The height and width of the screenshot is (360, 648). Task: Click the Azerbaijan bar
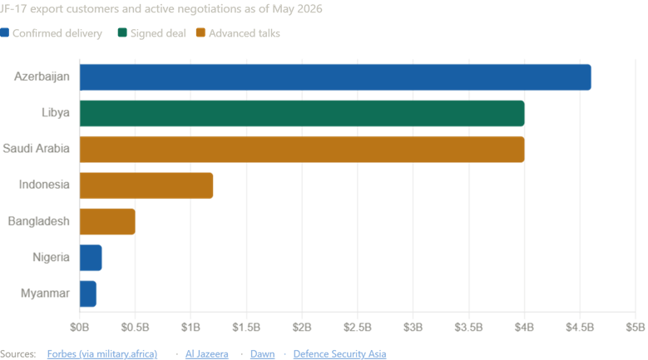335,77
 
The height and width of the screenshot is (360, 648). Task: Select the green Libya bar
302,113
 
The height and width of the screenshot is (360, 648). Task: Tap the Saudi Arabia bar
302,150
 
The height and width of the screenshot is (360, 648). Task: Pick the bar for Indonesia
146,185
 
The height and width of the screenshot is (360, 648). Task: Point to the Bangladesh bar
107,222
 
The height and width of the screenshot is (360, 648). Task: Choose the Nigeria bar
91,258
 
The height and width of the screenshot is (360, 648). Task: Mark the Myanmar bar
88,294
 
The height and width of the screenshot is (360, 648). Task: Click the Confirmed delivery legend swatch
4,32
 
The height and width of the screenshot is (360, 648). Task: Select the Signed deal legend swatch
122,32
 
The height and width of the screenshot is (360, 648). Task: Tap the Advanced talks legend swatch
200,32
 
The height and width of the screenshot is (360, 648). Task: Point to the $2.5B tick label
358,328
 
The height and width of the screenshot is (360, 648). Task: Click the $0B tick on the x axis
79,328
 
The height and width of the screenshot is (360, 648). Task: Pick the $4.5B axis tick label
580,328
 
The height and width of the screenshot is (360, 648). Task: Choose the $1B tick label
190,328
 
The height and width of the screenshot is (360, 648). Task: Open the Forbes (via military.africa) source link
102,354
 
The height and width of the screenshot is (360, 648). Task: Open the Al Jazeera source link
206,354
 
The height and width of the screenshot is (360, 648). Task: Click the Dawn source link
262,354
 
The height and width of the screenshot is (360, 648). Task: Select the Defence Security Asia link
339,354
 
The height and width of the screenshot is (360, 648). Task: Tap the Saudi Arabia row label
36,149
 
